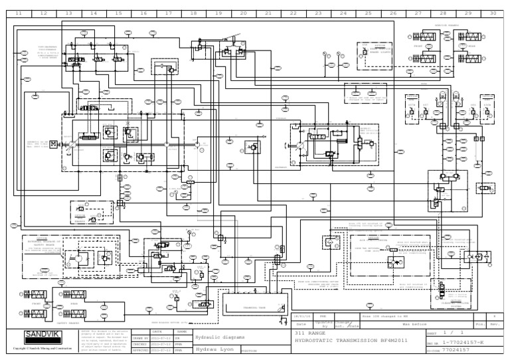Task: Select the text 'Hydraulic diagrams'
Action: pyautogui.click(x=220, y=337)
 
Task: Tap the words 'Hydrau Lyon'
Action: pyautogui.click(x=213, y=349)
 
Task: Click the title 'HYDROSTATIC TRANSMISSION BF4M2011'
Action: pyautogui.click(x=342, y=340)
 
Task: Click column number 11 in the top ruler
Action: pyautogui.click(x=18, y=13)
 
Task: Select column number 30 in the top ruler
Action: pyautogui.click(x=492, y=13)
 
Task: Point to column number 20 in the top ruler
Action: pyautogui.click(x=243, y=13)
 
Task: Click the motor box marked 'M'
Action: pyautogui.click(x=53, y=143)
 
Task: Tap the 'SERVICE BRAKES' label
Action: pyautogui.click(x=446, y=26)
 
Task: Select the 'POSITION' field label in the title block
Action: pyautogui.click(x=249, y=351)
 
